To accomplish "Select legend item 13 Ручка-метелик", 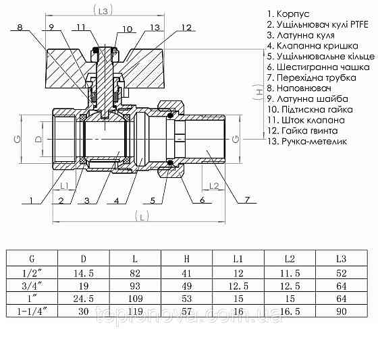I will pyautogui.click(x=306, y=142).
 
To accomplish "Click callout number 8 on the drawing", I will pyautogui.click(x=20, y=28).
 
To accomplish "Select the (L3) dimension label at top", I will pyautogui.click(x=102, y=11).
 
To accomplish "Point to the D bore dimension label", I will pyautogui.click(x=38, y=138).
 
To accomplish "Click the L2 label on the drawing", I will pyautogui.click(x=213, y=185).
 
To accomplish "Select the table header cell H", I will pyautogui.click(x=186, y=258).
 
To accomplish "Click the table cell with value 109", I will pyautogui.click(x=136, y=298).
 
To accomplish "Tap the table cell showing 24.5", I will pyautogui.click(x=84, y=298).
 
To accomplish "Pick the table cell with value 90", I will pyautogui.click(x=340, y=311).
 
